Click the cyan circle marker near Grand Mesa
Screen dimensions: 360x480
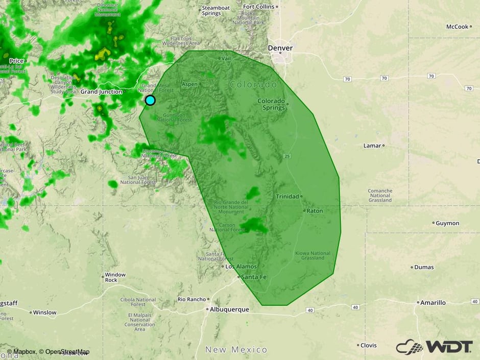[x=150, y=100]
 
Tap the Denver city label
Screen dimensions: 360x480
[x=280, y=48]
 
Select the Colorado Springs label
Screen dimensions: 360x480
[x=271, y=104]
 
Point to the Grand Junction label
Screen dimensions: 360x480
[x=101, y=92]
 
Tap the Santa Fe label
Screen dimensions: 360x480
[x=253, y=277]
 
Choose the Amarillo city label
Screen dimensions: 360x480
[x=433, y=303]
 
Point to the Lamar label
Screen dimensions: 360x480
[x=372, y=146]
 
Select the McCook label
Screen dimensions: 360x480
[x=457, y=27]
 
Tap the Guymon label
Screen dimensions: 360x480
[x=447, y=223]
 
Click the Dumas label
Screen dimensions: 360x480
[x=424, y=267]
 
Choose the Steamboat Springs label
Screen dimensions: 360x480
[x=215, y=11]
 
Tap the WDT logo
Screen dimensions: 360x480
[x=434, y=347]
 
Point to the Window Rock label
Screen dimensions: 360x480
[x=115, y=277]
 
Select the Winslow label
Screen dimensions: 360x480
[x=45, y=312]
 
